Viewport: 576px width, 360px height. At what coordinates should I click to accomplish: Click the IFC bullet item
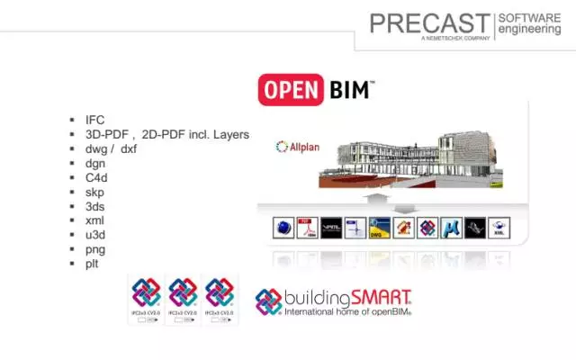(x=95, y=119)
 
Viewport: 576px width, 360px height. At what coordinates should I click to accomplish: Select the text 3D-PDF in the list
(x=105, y=133)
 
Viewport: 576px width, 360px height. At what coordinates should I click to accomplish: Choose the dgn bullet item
(x=95, y=163)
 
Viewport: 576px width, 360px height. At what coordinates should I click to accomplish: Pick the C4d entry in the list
(x=96, y=177)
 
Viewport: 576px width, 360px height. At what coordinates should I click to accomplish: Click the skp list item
(x=95, y=192)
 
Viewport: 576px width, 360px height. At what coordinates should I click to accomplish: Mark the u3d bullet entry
(x=95, y=235)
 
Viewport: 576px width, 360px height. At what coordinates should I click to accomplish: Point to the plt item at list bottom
(x=93, y=264)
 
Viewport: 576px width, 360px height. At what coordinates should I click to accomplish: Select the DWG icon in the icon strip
(x=380, y=229)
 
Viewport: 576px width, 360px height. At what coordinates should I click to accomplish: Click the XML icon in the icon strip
(x=500, y=229)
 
